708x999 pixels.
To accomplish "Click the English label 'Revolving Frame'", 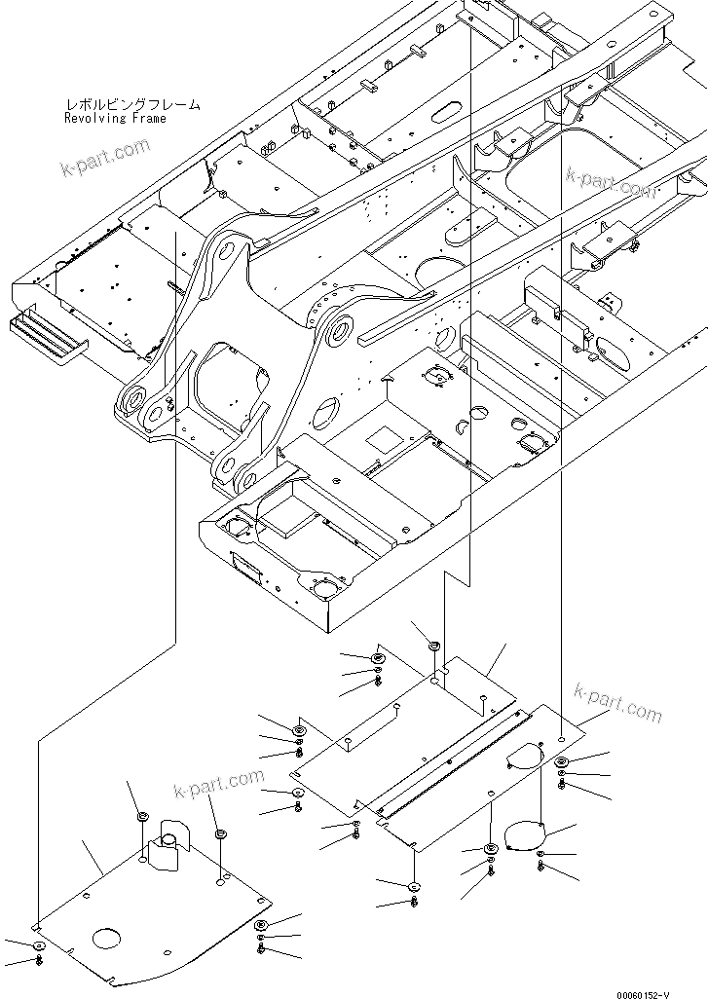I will pyautogui.click(x=115, y=119).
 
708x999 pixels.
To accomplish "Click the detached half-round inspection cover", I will pyautogui.click(x=524, y=837).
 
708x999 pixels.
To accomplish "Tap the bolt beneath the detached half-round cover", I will pyautogui.click(x=541, y=867).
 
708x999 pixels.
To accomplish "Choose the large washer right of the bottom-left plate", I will pyautogui.click(x=261, y=925).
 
